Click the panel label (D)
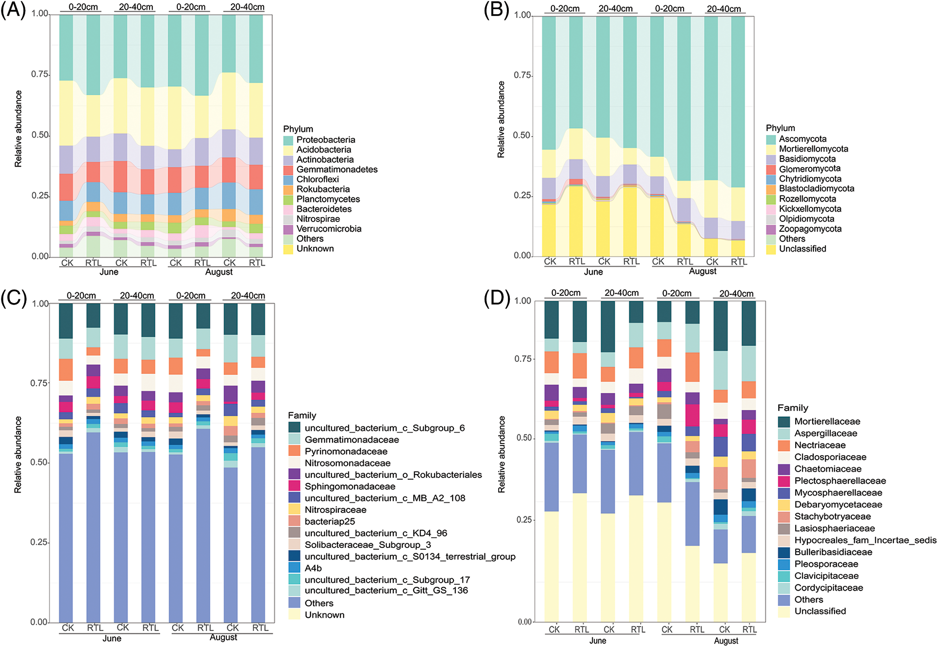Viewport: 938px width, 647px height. [496, 298]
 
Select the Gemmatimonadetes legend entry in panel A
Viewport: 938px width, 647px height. [336, 170]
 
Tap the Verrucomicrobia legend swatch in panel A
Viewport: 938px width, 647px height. [288, 229]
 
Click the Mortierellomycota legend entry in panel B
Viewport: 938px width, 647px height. [813, 149]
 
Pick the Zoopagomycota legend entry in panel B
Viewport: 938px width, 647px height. [810, 229]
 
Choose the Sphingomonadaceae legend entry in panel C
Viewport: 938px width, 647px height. [350, 486]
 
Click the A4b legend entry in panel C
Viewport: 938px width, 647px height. [313, 568]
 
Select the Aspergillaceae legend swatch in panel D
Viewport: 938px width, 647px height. [784, 433]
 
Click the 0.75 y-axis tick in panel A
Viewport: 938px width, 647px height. [40, 74]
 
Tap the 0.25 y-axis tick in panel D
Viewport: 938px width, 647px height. [523, 520]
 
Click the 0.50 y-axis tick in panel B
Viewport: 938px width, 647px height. [522, 136]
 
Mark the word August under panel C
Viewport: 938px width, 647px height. [223, 637]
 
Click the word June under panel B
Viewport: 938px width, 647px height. [593, 272]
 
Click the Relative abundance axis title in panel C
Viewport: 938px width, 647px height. [18, 454]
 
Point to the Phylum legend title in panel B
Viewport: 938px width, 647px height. [780, 128]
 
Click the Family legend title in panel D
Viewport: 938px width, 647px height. [792, 408]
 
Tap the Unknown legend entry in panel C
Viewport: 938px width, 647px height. [324, 614]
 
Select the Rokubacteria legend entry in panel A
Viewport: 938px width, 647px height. [323, 189]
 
